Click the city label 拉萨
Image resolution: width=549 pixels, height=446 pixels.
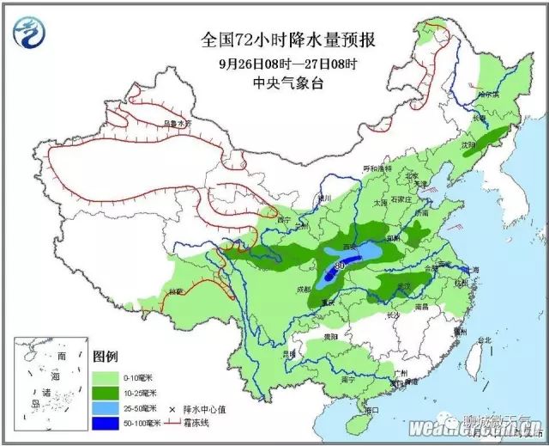176,291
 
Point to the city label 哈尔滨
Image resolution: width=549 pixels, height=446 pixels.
488,94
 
